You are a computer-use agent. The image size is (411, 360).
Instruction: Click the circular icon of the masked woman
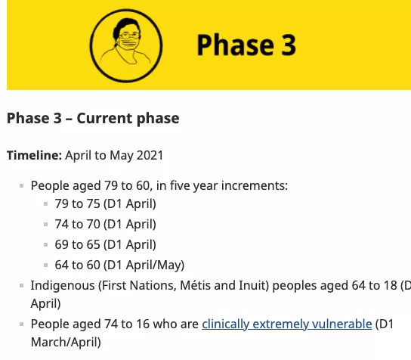(x=126, y=46)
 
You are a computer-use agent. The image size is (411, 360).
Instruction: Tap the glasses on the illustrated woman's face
(x=129, y=35)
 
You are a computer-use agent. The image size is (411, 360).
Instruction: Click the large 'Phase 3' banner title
(x=246, y=45)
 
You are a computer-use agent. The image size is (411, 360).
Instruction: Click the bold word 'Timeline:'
(x=34, y=155)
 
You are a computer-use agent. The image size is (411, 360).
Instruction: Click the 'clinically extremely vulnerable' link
(x=287, y=324)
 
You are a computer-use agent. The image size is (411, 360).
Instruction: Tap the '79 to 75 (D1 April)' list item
(x=105, y=204)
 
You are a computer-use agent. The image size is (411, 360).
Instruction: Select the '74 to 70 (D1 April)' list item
(x=105, y=225)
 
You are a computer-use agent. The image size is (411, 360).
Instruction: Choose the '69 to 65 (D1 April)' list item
(x=105, y=244)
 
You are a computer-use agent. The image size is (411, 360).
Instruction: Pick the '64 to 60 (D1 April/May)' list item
(x=119, y=265)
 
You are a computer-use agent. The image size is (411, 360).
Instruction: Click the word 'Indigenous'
(x=63, y=285)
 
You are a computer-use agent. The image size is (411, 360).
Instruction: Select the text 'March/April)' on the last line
(x=66, y=342)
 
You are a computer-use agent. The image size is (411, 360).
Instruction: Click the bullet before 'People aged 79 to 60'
(x=21, y=186)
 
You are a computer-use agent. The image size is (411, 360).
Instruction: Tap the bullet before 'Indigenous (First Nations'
(x=21, y=285)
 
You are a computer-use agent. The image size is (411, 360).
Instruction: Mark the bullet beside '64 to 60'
(x=45, y=265)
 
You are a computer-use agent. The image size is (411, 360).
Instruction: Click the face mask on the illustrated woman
(x=129, y=44)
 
